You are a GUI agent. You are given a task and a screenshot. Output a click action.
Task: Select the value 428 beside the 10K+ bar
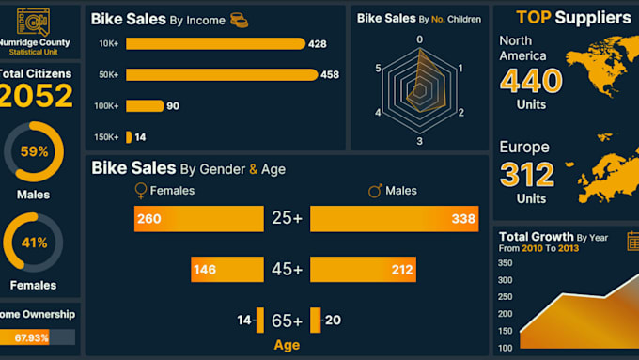pyautogui.click(x=318, y=44)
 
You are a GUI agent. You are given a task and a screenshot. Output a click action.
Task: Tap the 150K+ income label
pyautogui.click(x=107, y=137)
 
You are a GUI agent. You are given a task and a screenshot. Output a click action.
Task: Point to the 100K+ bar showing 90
pyautogui.click(x=144, y=106)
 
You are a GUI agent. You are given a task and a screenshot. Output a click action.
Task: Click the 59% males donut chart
pyautogui.click(x=35, y=151)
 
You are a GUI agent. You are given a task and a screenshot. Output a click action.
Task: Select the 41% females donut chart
pyautogui.click(x=35, y=243)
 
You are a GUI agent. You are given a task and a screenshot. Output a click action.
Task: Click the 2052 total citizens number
pyautogui.click(x=36, y=96)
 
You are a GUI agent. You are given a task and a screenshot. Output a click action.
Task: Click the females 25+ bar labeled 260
pyautogui.click(x=198, y=219)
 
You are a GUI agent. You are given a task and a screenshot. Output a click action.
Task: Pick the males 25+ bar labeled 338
pyautogui.click(x=394, y=219)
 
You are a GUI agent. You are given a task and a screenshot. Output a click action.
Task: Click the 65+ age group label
pyautogui.click(x=287, y=321)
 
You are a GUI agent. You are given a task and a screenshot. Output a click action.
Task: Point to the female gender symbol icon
pyautogui.click(x=141, y=191)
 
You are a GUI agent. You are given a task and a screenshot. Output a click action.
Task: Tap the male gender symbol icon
pyautogui.click(x=375, y=191)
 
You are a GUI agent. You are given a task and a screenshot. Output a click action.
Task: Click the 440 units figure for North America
pyautogui.click(x=531, y=82)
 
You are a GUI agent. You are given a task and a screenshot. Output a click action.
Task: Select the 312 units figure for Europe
pyautogui.click(x=527, y=175)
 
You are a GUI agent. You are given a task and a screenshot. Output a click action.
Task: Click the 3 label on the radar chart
pyautogui.click(x=419, y=142)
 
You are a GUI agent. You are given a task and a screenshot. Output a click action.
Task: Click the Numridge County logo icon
pyautogui.click(x=36, y=22)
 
